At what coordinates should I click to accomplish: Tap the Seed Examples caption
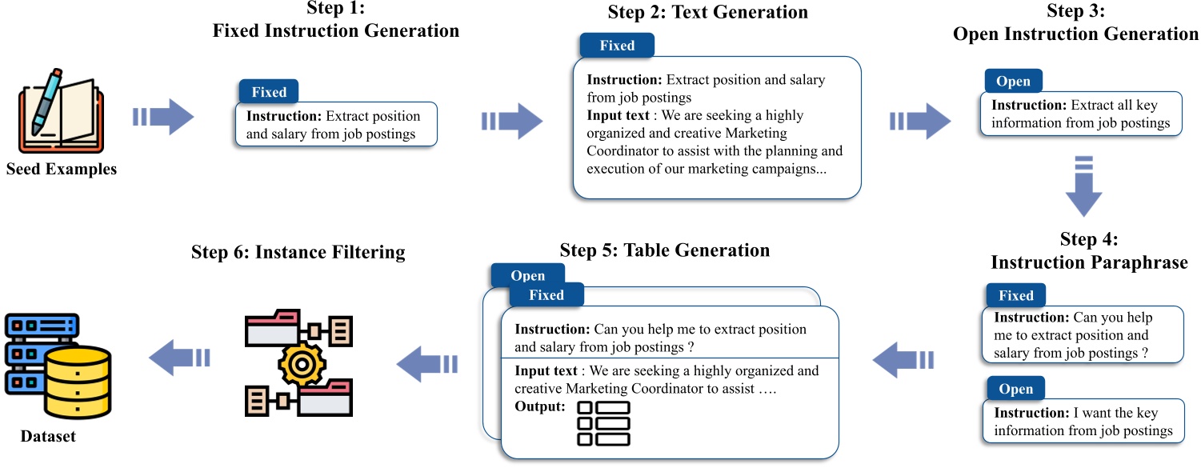point(61,170)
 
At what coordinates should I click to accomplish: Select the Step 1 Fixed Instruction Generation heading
point(335,22)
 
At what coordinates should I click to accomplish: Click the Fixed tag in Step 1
point(269,91)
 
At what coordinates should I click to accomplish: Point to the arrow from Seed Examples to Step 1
point(163,118)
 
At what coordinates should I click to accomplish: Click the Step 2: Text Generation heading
point(707,12)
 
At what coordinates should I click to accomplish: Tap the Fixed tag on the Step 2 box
point(616,46)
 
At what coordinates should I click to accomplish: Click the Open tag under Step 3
point(1012,82)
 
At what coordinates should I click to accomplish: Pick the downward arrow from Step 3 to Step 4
point(1083,186)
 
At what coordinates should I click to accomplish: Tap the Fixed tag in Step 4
point(1015,295)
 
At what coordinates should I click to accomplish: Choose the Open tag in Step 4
point(1015,389)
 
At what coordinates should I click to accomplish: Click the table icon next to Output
point(603,422)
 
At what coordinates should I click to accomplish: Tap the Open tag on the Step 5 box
point(527,275)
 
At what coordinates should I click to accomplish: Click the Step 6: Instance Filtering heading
point(298,252)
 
